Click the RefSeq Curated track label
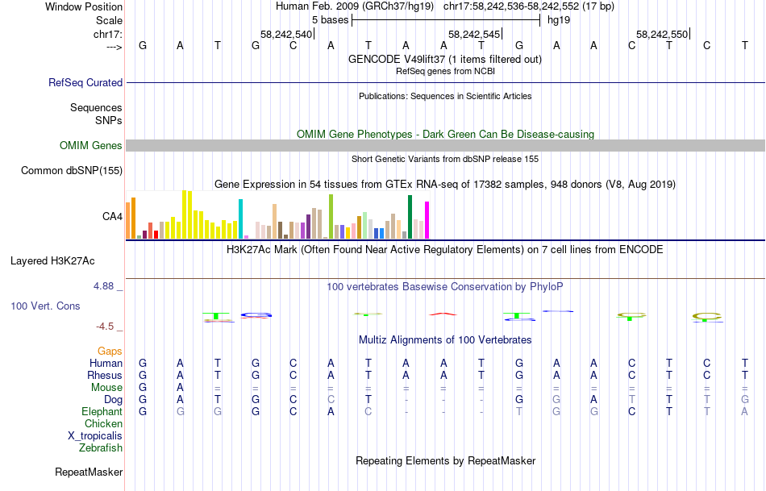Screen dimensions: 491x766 point(85,82)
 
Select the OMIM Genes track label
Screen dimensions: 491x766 point(91,146)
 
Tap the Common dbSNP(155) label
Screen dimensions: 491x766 point(72,170)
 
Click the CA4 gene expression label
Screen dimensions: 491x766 point(112,216)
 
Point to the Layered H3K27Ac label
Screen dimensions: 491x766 point(52,260)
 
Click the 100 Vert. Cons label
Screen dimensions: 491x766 point(45,306)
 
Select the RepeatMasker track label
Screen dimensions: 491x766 point(89,472)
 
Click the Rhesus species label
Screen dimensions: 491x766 point(105,376)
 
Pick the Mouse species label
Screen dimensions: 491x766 point(106,388)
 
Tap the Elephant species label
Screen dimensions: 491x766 point(102,412)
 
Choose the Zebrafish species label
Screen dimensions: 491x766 point(102,448)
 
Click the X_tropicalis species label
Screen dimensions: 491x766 point(96,436)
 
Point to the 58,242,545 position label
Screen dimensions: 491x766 point(474,35)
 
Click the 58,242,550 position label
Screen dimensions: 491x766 point(662,35)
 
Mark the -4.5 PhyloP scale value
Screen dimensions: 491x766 point(108,327)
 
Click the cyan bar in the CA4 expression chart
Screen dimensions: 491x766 point(240,218)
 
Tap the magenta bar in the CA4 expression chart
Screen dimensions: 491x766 point(427,219)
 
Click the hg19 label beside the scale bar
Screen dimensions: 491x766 point(559,20)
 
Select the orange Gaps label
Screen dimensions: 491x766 point(110,352)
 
